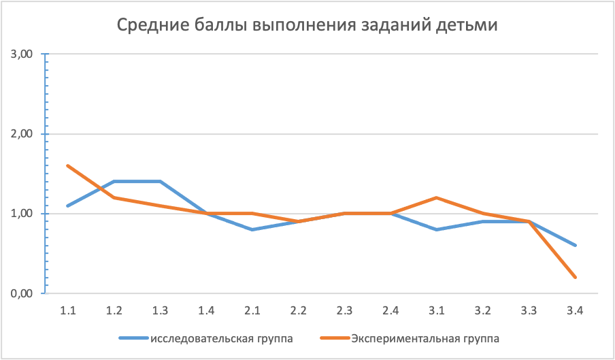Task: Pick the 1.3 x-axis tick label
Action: tap(160, 310)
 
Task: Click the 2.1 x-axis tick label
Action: tap(252, 310)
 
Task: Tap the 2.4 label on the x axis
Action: tap(390, 310)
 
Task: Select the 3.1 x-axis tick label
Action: tap(437, 310)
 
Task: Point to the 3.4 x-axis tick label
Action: tap(575, 310)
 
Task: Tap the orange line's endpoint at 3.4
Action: tap(576, 277)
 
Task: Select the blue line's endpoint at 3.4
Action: tap(576, 246)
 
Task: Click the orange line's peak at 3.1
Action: tap(437, 198)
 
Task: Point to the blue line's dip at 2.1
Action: tap(252, 229)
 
